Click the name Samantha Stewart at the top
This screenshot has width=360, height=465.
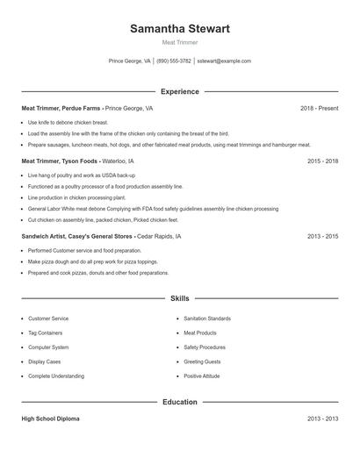click(x=180, y=29)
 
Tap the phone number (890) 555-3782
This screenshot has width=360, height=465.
click(x=174, y=61)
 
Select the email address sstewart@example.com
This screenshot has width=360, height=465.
click(x=224, y=61)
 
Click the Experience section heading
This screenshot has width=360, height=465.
click(x=180, y=91)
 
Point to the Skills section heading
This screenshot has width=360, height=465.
click(x=180, y=299)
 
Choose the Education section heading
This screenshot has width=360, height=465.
click(x=180, y=402)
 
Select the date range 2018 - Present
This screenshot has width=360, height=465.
click(x=319, y=109)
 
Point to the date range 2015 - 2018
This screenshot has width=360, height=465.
click(x=322, y=161)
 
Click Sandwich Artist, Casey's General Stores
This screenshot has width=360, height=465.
click(x=77, y=237)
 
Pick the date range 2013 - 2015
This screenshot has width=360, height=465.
click(x=322, y=237)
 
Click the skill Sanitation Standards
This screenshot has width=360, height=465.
click(x=207, y=318)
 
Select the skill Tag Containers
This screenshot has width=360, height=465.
click(x=47, y=333)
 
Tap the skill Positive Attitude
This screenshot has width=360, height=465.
click(x=202, y=376)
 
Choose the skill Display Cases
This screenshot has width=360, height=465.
click(x=45, y=361)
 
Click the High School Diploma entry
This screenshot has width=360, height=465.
click(x=50, y=419)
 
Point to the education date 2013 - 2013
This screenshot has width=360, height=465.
click(x=322, y=419)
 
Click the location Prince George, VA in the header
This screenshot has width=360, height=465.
click(x=129, y=61)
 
